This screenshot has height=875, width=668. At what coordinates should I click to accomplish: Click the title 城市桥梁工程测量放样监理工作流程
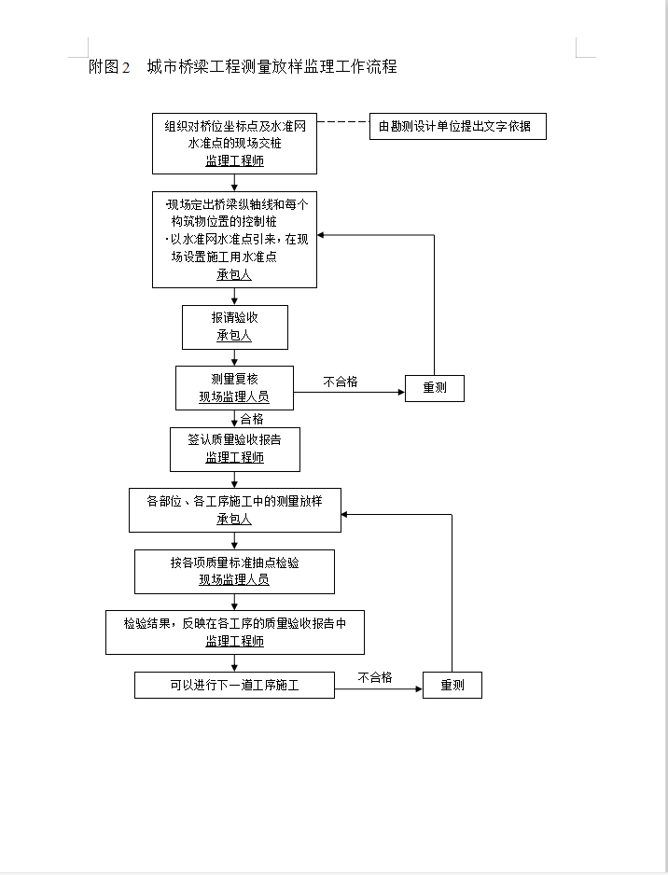point(271,66)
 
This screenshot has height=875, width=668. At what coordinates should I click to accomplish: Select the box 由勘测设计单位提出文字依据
point(457,126)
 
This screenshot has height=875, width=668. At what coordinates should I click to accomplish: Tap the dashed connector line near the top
point(343,121)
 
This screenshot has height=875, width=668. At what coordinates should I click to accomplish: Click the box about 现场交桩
point(234,144)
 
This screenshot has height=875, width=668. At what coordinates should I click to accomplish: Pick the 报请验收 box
point(235,327)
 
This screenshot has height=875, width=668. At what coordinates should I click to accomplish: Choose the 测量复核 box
point(234,388)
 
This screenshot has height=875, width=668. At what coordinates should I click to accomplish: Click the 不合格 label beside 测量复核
point(341,382)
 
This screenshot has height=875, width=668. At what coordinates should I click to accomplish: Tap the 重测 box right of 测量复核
point(435,388)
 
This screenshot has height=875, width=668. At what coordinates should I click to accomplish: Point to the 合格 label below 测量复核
point(252,419)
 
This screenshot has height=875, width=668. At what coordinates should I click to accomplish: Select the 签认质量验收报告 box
point(235,450)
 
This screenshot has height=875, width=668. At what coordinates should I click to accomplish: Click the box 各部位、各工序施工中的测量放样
point(235,510)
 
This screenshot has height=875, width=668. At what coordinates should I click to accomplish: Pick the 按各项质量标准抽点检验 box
point(234,572)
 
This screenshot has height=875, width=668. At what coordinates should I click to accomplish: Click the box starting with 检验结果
point(235,632)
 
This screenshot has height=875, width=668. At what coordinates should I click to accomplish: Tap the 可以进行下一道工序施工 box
point(234,685)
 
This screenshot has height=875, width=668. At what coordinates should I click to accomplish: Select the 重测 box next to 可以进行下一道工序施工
point(452,685)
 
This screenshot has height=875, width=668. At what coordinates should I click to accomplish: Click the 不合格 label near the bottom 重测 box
point(375,677)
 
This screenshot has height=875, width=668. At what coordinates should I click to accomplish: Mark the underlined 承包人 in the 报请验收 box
point(234,336)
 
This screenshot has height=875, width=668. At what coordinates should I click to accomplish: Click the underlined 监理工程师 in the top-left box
point(234,160)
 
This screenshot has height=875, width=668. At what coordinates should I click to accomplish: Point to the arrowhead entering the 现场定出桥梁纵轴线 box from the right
point(321,235)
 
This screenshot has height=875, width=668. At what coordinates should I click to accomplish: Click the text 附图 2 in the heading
point(109,67)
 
